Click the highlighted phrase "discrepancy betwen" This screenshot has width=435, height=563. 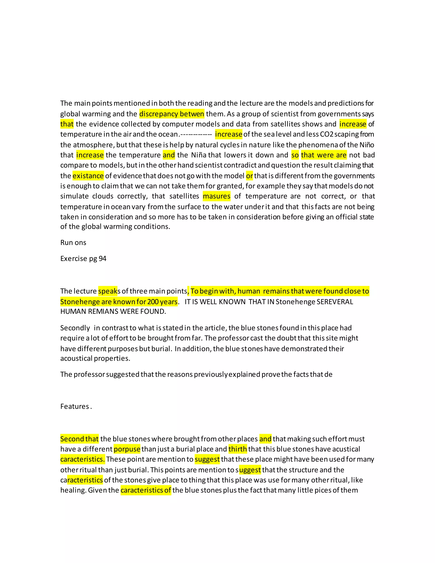pyautogui.click(x=172, y=114)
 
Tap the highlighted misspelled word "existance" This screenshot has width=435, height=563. pyautogui.click(x=88, y=176)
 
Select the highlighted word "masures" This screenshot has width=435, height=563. pyautogui.click(x=216, y=196)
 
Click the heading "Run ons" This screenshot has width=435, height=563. pyautogui.click(x=73, y=243)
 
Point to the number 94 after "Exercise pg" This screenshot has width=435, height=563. pyautogui.click(x=103, y=259)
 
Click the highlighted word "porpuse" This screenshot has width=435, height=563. pyautogui.click(x=127, y=449)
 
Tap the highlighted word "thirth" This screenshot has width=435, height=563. pyautogui.click(x=238, y=449)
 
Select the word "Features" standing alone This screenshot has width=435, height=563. pyautogui.click(x=75, y=406)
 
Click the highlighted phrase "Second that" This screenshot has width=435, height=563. pyautogui.click(x=79, y=439)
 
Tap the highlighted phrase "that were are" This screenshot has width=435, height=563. pyautogui.click(x=324, y=155)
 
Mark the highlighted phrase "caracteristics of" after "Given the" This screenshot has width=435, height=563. pyautogui.click(x=146, y=490)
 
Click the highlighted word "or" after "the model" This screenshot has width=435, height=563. pyautogui.click(x=249, y=176)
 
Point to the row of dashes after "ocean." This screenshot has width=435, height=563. pyautogui.click(x=196, y=134)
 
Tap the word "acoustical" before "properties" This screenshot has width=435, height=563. pyautogui.click(x=76, y=358)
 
